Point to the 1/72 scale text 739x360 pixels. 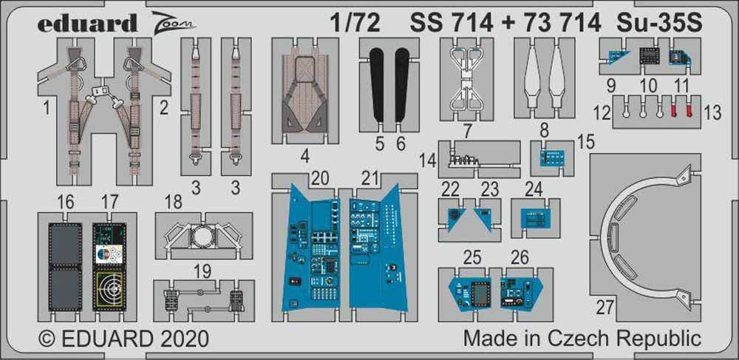click(358, 24)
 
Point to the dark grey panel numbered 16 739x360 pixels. click(64, 262)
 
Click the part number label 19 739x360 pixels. click(194, 271)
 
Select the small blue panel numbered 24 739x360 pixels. click(541, 219)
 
